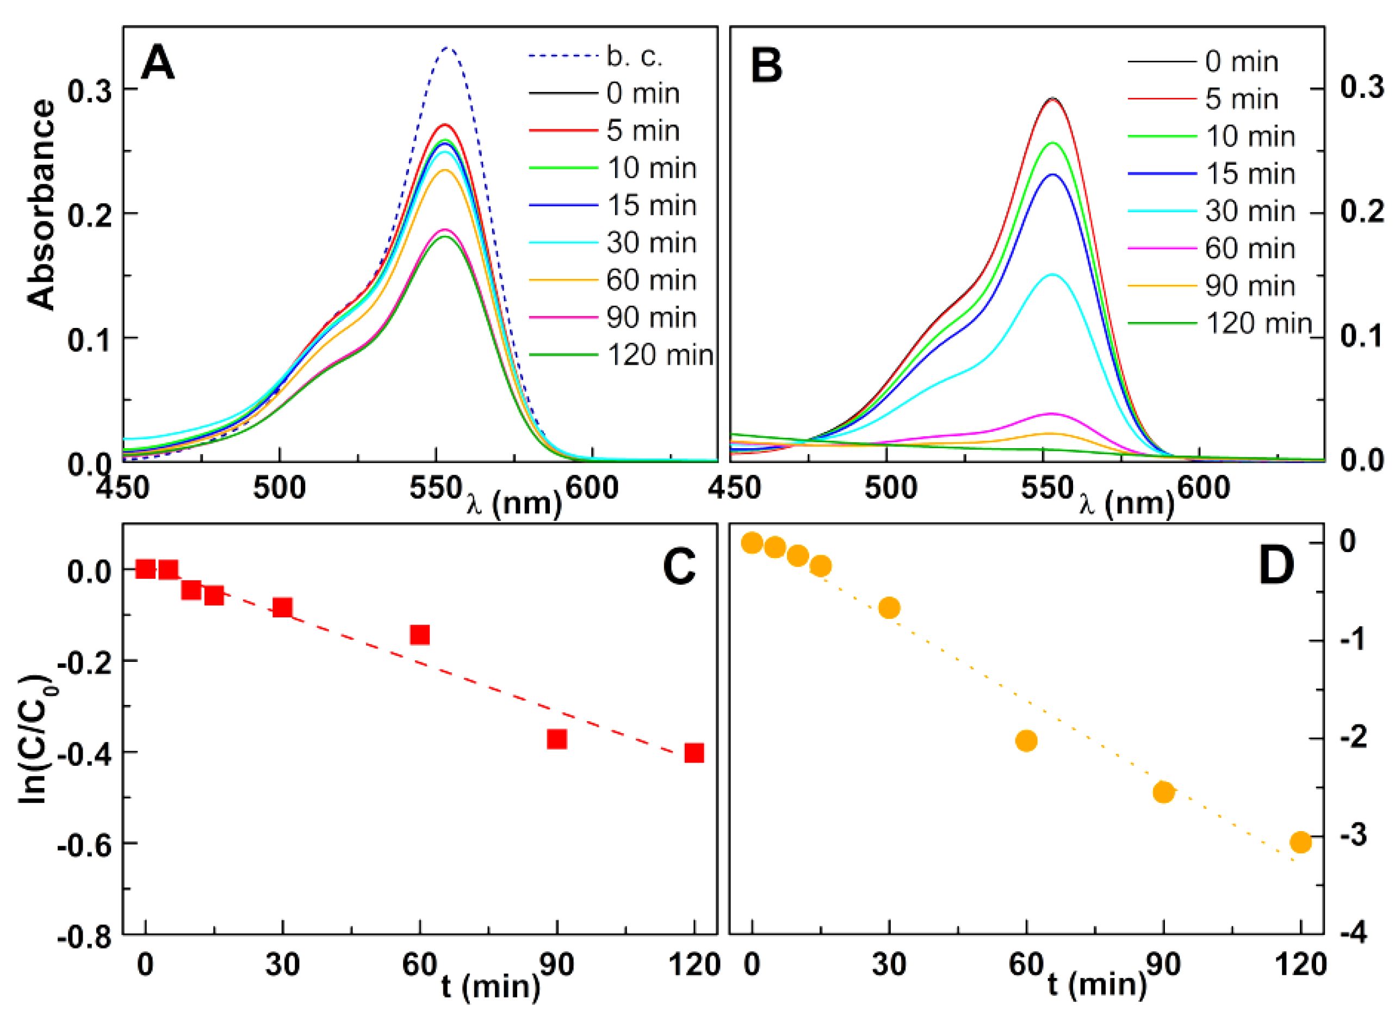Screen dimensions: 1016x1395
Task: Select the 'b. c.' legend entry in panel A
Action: click(634, 56)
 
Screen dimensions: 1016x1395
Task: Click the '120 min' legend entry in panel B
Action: click(1258, 324)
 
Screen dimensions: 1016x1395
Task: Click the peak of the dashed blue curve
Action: click(448, 48)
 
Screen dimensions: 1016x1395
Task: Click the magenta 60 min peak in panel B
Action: click(1052, 414)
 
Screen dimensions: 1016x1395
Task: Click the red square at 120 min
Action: click(695, 753)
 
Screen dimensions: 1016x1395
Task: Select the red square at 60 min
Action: click(419, 634)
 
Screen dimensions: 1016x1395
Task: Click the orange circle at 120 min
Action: click(1301, 842)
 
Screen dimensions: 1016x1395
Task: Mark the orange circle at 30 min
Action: click(889, 608)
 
